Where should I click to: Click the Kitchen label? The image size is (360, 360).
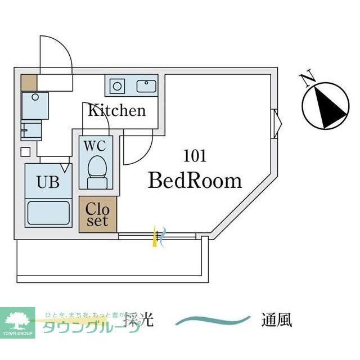click(116, 110)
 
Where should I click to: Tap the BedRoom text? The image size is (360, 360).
click(195, 180)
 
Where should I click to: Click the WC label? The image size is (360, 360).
click(94, 145)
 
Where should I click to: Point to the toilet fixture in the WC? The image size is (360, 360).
click(97, 171)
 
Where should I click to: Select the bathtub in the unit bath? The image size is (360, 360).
click(48, 213)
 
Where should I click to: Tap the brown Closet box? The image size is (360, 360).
click(98, 214)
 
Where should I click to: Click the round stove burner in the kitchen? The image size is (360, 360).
click(118, 86)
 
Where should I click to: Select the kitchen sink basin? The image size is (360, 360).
click(147, 86)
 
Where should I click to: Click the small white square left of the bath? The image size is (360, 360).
click(25, 151)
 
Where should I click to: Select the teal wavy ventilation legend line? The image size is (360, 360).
click(213, 321)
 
